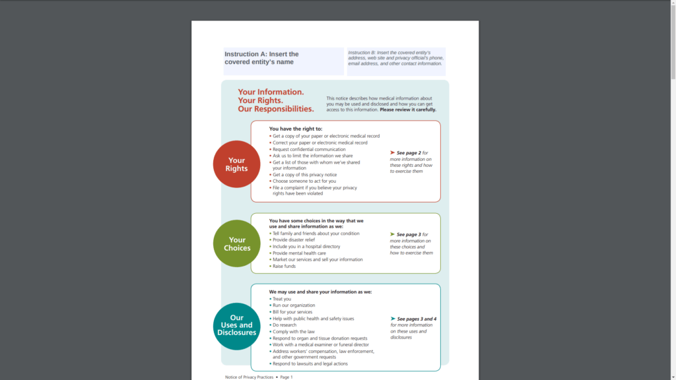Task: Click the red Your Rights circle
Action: [x=236, y=164]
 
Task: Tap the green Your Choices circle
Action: [x=237, y=243]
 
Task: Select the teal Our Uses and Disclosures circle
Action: [x=237, y=325]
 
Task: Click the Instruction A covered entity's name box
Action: [x=283, y=61]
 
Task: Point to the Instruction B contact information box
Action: [x=396, y=61]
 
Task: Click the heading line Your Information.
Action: [x=271, y=92]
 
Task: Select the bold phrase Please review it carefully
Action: [x=408, y=110]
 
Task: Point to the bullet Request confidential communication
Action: [x=309, y=149]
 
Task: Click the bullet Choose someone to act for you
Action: [x=304, y=181]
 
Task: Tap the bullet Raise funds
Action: [x=285, y=266]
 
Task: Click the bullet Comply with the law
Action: [x=294, y=332]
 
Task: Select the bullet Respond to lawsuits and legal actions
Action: [x=310, y=364]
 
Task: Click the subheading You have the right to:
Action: [x=296, y=129]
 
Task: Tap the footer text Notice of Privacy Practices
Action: [x=249, y=377]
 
